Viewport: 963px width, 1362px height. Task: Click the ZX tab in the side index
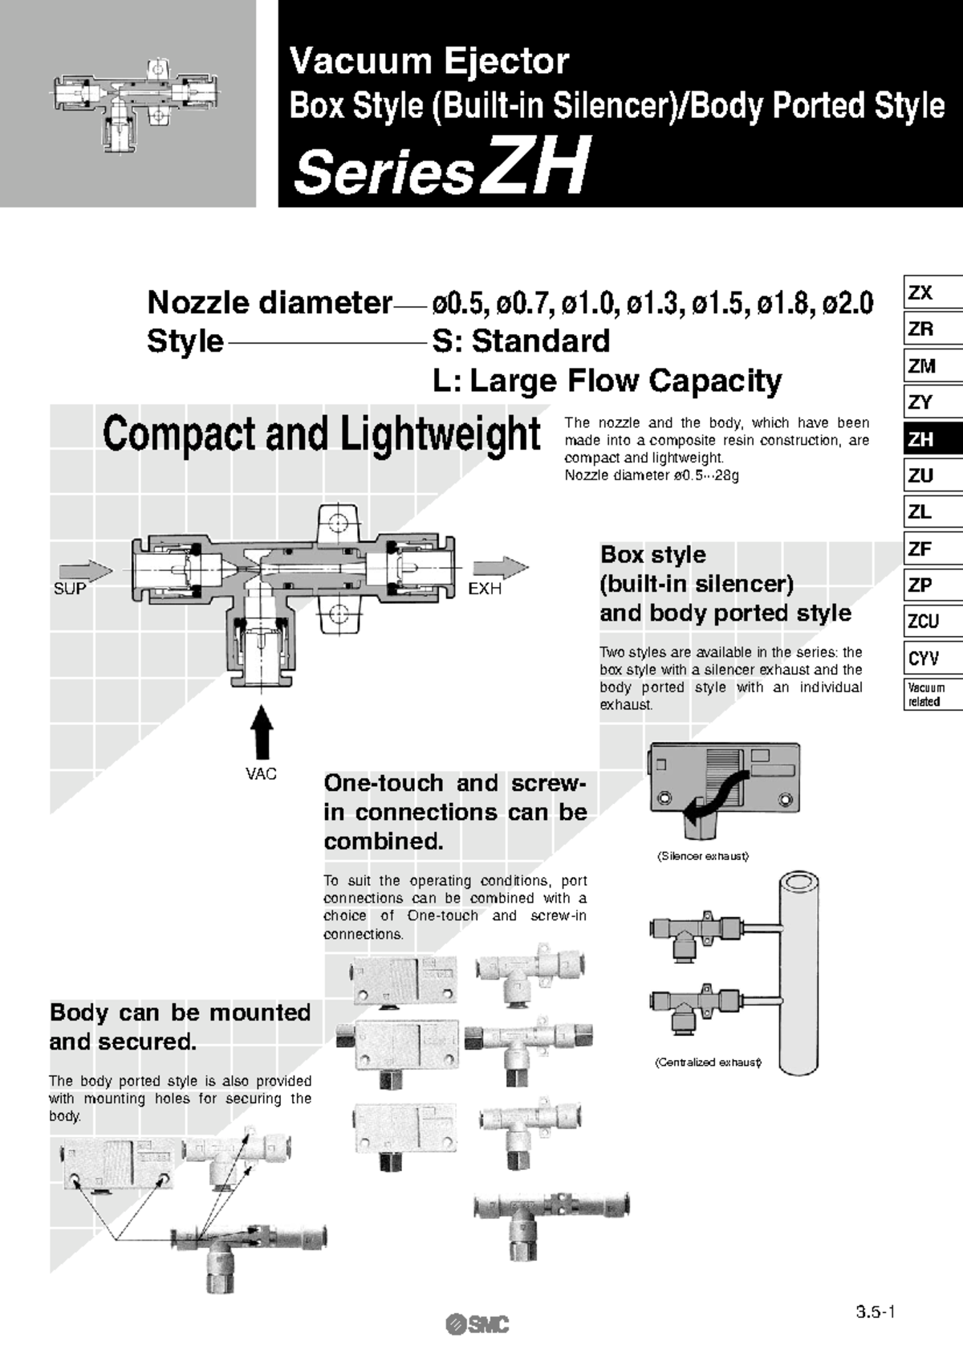pos(921,293)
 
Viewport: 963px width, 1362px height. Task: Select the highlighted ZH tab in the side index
pos(921,439)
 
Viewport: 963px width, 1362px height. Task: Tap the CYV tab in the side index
pos(924,659)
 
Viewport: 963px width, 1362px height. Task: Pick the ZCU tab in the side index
pos(924,622)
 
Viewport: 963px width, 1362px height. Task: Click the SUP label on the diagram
pos(70,589)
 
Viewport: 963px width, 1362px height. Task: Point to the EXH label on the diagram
pos(485,589)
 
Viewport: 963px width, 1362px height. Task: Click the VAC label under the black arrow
pos(261,774)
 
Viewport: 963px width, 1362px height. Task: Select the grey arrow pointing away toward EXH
pos(500,567)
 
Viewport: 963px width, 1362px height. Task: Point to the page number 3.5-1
pos(876,1312)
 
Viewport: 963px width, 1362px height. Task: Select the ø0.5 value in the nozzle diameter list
pos(457,304)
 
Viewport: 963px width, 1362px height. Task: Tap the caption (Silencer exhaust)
pos(702,857)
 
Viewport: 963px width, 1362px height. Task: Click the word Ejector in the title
pos(506,61)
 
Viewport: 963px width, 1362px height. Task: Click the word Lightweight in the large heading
pos(440,434)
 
